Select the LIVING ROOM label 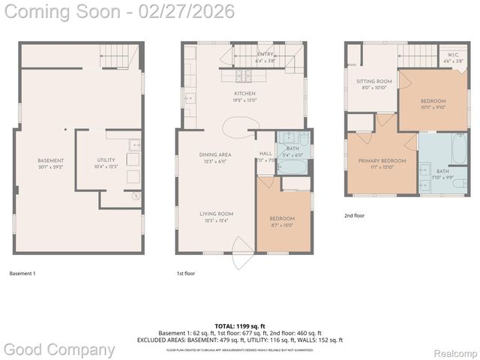click(x=216, y=214)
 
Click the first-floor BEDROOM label click(x=282, y=218)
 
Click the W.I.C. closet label click(x=452, y=55)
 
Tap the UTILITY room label click(x=106, y=160)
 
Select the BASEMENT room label click(x=51, y=160)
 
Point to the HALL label click(x=265, y=154)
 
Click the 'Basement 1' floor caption click(x=22, y=274)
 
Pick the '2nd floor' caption click(x=354, y=215)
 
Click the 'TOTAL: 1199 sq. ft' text click(x=239, y=326)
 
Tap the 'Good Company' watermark click(x=59, y=349)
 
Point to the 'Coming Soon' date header click(x=118, y=11)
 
